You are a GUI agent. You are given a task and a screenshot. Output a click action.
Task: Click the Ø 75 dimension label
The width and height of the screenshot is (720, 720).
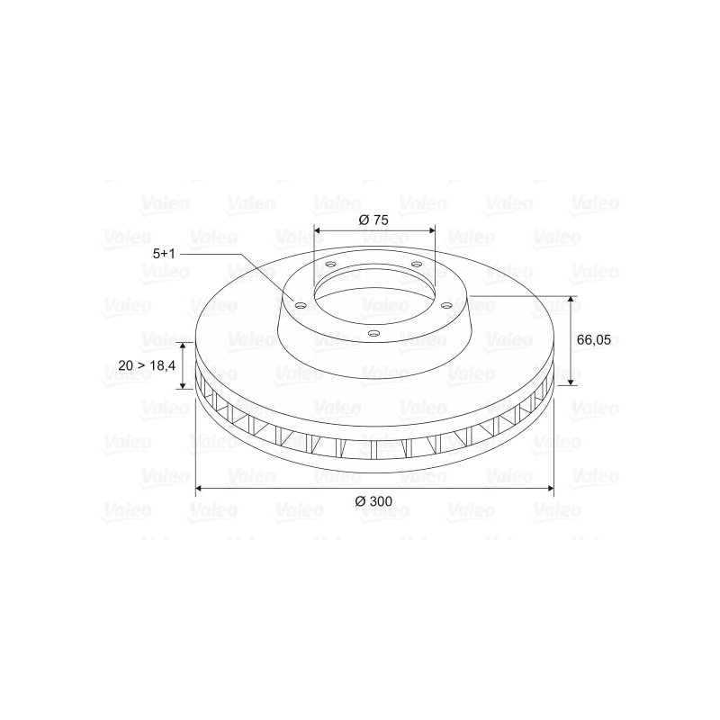coord(373,220)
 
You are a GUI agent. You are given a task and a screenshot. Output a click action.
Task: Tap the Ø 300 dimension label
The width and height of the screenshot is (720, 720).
coord(373,501)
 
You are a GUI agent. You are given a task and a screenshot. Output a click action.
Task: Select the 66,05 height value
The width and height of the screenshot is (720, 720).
coord(594,340)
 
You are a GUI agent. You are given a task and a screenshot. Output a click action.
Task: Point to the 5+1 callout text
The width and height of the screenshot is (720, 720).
coord(164,254)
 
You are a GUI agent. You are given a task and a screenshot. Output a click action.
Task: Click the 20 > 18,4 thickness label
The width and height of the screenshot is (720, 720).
coord(147,365)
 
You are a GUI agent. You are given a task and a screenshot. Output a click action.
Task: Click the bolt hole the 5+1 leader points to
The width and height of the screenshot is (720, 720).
coord(300,305)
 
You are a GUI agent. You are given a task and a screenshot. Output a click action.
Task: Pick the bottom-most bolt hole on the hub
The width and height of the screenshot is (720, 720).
coord(374,333)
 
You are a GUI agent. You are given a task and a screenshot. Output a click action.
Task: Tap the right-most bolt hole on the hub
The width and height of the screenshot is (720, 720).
coord(445,305)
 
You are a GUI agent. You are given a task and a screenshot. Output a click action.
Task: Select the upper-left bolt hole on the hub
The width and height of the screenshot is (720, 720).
coord(330,265)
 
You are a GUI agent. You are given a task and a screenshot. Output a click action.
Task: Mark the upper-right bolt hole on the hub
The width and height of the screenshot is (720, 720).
coord(417,264)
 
